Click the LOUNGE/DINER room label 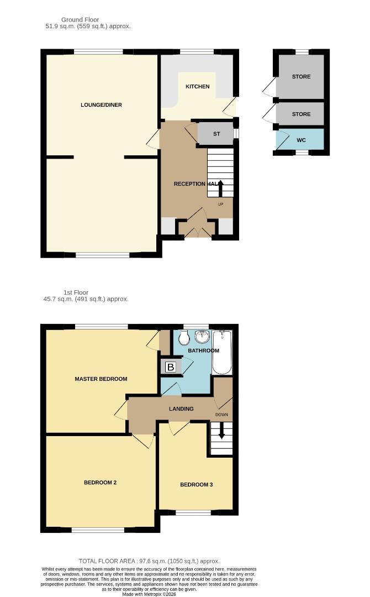click(101, 105)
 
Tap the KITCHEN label click(197, 87)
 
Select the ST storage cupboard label click(216, 134)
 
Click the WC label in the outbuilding click(301, 140)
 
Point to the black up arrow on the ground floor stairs click(221, 188)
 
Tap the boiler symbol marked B click(171, 367)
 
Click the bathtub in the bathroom click(222, 352)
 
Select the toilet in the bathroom click(184, 338)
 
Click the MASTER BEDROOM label click(101, 379)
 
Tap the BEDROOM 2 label click(100, 483)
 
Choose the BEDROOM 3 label click(196, 485)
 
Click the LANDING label click(181, 409)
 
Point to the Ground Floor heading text click(80, 20)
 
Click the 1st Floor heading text click(76, 292)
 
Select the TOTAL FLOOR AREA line click(149, 561)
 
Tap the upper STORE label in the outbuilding click(301, 77)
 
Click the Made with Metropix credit click(149, 594)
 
